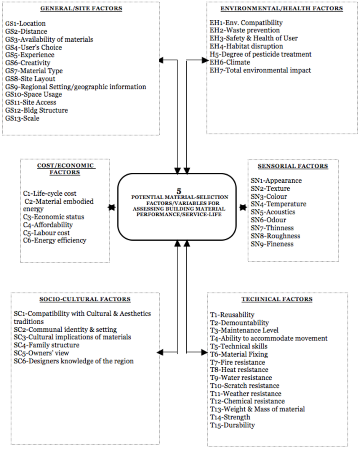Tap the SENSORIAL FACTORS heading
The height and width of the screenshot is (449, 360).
pyautogui.click(x=294, y=166)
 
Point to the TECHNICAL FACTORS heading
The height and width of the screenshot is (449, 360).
pyautogui.click(x=277, y=299)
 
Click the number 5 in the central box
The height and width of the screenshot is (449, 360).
pyautogui.click(x=179, y=190)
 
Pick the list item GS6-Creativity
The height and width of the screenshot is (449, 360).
pyautogui.click(x=28, y=63)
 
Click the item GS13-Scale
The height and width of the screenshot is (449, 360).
pyautogui.click(x=22, y=118)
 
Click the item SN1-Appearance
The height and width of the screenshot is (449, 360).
pyautogui.click(x=276, y=180)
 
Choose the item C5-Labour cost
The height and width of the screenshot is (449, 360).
pyautogui.click(x=47, y=233)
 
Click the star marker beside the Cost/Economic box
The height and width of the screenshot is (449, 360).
pyautogui.click(x=110, y=207)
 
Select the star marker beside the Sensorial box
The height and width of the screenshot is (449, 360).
pyautogui.click(x=243, y=207)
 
